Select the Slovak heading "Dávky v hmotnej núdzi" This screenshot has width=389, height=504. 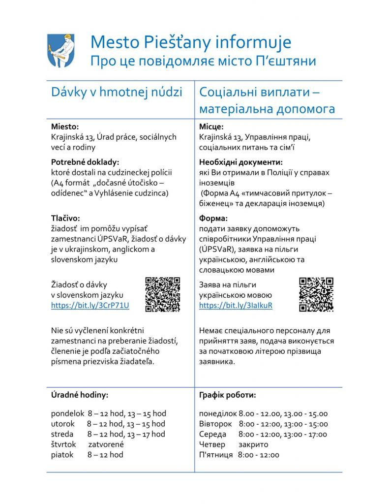[x=117, y=92]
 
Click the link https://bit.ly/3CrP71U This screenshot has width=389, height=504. [x=90, y=305]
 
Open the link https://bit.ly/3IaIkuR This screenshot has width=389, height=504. [x=236, y=305]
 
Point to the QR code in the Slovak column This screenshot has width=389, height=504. [x=162, y=294]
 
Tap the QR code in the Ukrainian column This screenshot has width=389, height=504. [x=316, y=294]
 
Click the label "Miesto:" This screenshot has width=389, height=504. [x=65, y=126]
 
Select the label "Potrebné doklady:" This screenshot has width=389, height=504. [x=85, y=162]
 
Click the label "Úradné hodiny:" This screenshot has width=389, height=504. [x=80, y=395]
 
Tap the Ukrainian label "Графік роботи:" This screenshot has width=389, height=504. [x=227, y=395]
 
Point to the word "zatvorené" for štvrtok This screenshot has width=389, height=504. [x=106, y=444]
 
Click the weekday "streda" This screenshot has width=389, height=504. [x=62, y=434]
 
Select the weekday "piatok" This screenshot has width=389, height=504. [x=62, y=455]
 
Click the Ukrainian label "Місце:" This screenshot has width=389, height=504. [x=211, y=126]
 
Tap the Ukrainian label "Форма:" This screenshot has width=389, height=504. [x=213, y=218]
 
